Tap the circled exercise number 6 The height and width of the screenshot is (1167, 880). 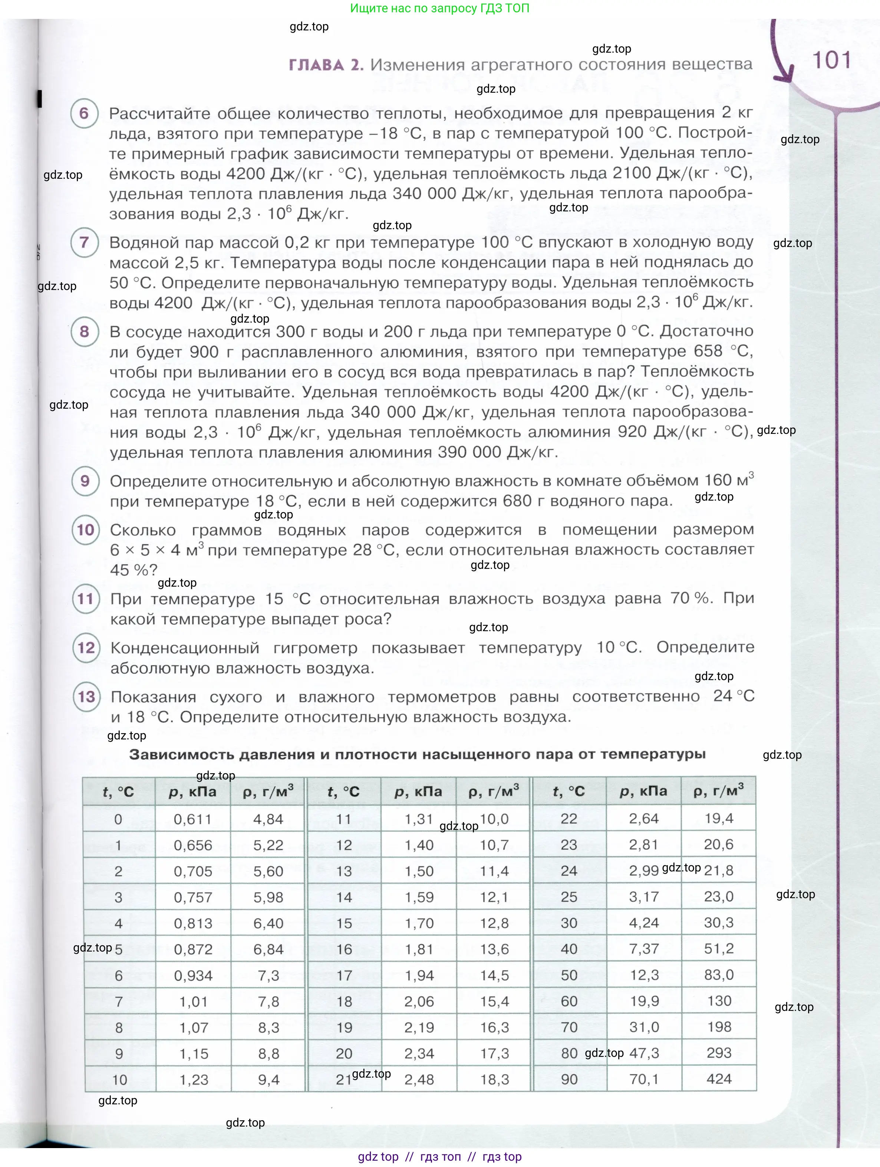(x=85, y=113)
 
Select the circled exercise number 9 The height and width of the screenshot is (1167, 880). (x=85, y=481)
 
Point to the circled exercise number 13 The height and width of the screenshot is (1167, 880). (x=86, y=697)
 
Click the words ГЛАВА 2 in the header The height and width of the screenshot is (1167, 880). (x=326, y=65)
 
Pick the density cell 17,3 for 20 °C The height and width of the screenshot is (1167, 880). (x=494, y=1054)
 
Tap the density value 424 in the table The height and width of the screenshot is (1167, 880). (x=719, y=1079)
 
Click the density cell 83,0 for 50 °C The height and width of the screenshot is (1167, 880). (x=719, y=975)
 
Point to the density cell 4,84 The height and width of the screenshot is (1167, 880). (x=268, y=819)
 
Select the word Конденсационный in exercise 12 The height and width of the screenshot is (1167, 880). (x=185, y=648)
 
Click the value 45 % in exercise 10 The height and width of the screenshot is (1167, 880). (x=134, y=570)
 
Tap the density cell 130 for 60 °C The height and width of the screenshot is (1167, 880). (x=719, y=1001)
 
